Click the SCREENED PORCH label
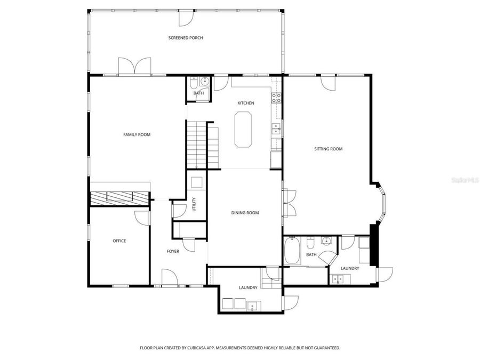(x=186, y=38)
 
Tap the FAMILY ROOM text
(x=137, y=134)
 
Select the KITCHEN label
(x=245, y=103)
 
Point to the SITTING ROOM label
(x=327, y=149)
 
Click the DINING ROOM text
(x=245, y=213)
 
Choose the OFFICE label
(x=119, y=241)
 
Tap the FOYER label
(x=173, y=251)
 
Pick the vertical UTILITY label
(x=194, y=204)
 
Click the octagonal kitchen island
(x=243, y=129)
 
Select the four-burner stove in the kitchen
(x=276, y=98)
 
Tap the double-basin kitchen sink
(x=276, y=128)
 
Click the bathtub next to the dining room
(x=292, y=251)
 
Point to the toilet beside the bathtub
(x=310, y=245)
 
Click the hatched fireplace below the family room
(x=119, y=197)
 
